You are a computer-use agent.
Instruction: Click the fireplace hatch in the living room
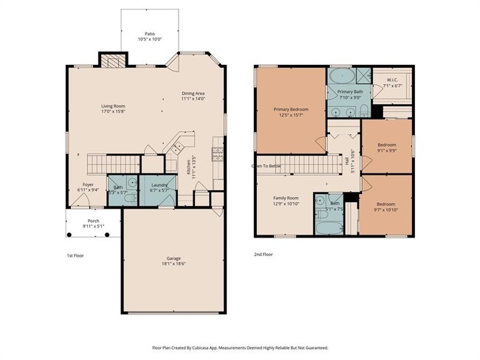point(112,61)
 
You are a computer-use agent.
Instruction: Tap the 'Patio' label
point(150,33)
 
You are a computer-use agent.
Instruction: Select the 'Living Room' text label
point(113,106)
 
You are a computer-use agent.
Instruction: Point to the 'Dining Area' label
point(193,93)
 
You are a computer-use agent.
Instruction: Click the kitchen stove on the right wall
point(218,153)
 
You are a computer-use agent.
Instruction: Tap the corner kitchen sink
point(178,148)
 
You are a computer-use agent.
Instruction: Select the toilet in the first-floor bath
point(128,198)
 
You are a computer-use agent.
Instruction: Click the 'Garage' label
point(174,258)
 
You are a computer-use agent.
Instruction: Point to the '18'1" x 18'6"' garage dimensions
point(174,264)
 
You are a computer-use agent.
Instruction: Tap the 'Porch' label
point(94,221)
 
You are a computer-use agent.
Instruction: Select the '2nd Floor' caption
point(264,254)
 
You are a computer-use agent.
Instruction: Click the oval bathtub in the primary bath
point(340,77)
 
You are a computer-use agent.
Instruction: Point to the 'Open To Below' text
point(266,166)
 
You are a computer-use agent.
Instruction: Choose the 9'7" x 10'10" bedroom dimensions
point(386,210)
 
